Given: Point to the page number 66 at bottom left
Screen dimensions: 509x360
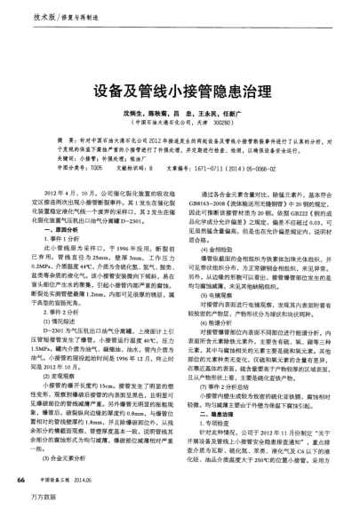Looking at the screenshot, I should click(20, 478).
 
